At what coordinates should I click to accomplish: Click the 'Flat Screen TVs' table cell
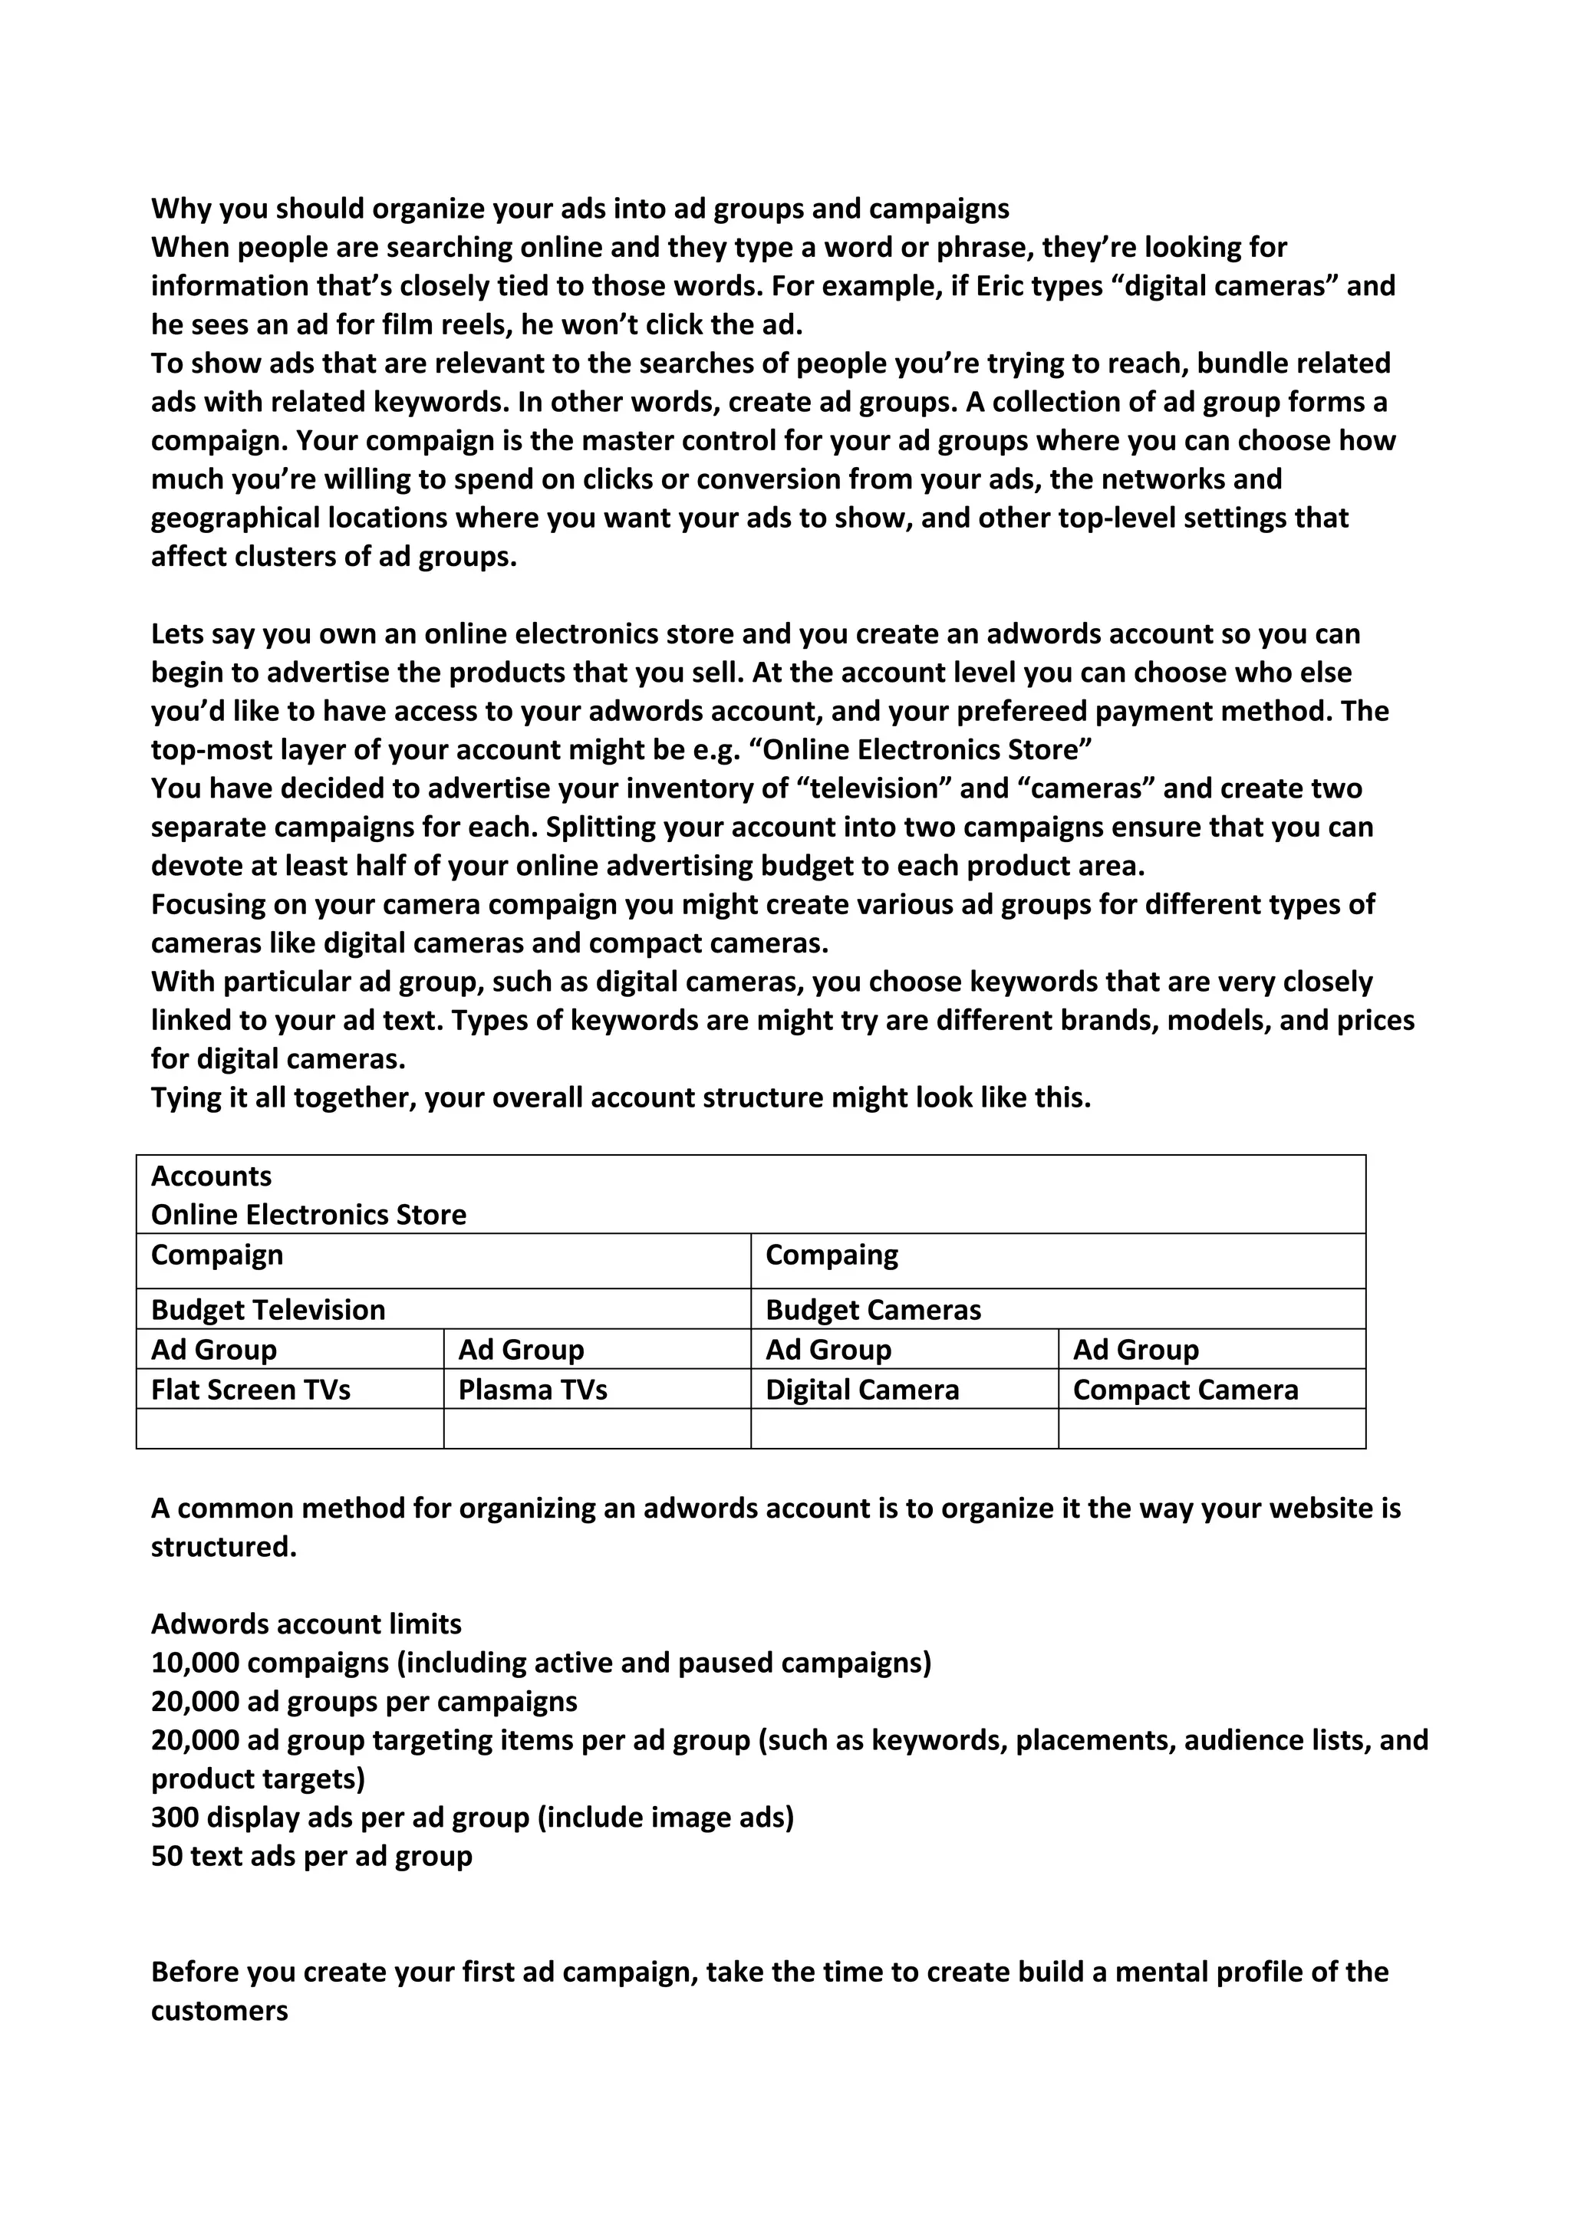click(251, 1390)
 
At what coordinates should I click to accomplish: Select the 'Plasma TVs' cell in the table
click(532, 1390)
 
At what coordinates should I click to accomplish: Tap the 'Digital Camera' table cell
click(862, 1390)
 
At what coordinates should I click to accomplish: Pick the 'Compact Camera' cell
click(1185, 1390)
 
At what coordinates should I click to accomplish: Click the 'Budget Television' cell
click(268, 1310)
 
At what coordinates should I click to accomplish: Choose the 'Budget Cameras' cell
click(872, 1310)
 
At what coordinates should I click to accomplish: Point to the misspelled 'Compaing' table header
click(831, 1255)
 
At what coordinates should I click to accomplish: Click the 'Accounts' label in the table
click(211, 1176)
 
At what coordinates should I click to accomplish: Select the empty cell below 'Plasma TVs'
click(597, 1429)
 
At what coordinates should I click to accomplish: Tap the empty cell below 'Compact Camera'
click(1211, 1429)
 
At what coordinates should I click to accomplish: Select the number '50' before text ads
click(166, 1856)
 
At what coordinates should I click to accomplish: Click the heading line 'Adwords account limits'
click(306, 1624)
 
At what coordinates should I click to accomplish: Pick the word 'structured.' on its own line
click(223, 1547)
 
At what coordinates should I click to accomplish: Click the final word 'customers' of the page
click(219, 2011)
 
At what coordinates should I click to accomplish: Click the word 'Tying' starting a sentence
click(186, 1098)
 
